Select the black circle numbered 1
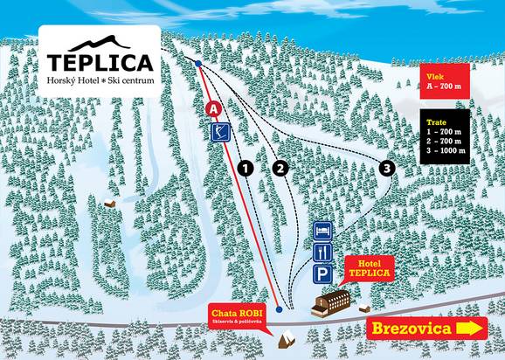click(x=246, y=167)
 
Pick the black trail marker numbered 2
click(x=280, y=167)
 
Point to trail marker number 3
click(x=387, y=167)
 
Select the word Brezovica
click(x=412, y=329)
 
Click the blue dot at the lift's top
click(x=199, y=64)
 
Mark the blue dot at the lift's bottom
click(x=278, y=308)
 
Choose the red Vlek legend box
click(x=455, y=80)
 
